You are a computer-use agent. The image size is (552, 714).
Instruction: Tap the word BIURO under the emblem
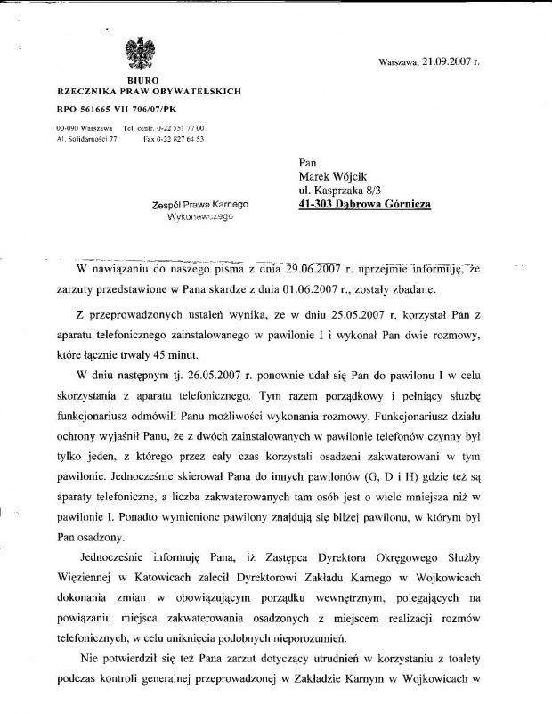[x=140, y=80]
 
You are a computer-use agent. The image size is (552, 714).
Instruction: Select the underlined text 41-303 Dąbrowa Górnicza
[x=365, y=204]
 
